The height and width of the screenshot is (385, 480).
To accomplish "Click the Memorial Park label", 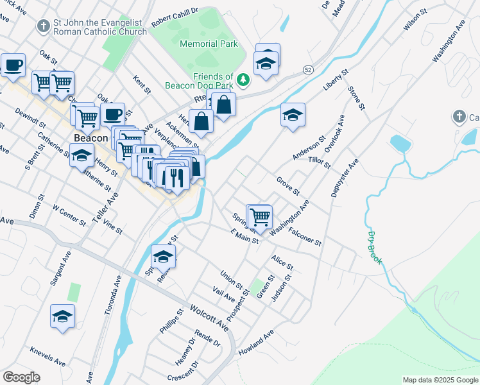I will point(209,44).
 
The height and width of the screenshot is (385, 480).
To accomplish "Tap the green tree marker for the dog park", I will point(243,80).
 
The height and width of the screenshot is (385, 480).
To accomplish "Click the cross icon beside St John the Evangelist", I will point(44,26).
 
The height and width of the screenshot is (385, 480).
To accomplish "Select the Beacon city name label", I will point(90,138).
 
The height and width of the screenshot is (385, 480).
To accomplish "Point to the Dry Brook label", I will point(375,248).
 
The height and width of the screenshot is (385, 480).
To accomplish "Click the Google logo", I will point(21,377).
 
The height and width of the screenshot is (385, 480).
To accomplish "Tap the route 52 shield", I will point(309,69).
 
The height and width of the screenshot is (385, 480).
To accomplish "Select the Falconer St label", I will point(304,236).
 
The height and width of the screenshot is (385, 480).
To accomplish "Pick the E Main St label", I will point(244,235).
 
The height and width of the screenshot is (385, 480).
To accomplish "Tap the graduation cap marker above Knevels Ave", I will point(63,316).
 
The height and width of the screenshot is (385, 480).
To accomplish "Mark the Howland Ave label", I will point(256,343).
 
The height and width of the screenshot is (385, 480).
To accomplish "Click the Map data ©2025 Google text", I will point(440,380).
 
